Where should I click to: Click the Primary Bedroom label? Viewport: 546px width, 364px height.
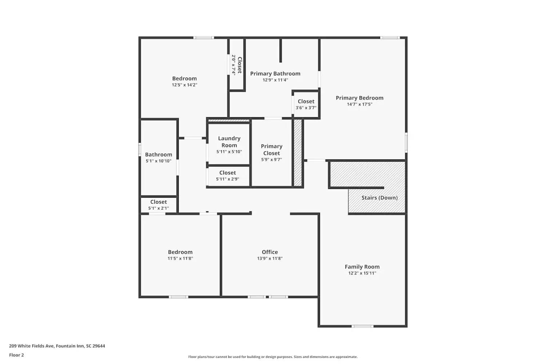359,98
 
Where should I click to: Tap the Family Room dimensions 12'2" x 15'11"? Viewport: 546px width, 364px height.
362,273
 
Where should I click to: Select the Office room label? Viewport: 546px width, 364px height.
270,252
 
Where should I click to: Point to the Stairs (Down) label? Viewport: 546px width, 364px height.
379,198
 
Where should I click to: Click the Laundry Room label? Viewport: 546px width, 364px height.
229,142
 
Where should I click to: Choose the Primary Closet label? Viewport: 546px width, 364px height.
272,150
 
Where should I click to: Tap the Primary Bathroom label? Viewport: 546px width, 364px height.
275,74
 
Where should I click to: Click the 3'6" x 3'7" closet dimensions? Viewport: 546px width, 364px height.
306,108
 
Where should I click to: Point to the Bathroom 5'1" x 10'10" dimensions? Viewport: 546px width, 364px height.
158,161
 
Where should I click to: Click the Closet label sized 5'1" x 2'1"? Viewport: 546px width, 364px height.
158,202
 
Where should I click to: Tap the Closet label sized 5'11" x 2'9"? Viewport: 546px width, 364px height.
227,173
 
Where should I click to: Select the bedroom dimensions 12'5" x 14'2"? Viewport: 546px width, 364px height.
185,85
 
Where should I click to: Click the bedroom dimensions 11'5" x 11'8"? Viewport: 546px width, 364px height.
180,258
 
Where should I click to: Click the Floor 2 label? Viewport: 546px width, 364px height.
16,355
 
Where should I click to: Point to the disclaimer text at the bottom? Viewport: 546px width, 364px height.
273,357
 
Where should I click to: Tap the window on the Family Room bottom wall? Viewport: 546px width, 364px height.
362,326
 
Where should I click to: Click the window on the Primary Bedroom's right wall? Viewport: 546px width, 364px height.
406,142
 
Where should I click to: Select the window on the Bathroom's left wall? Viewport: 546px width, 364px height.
140,150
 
